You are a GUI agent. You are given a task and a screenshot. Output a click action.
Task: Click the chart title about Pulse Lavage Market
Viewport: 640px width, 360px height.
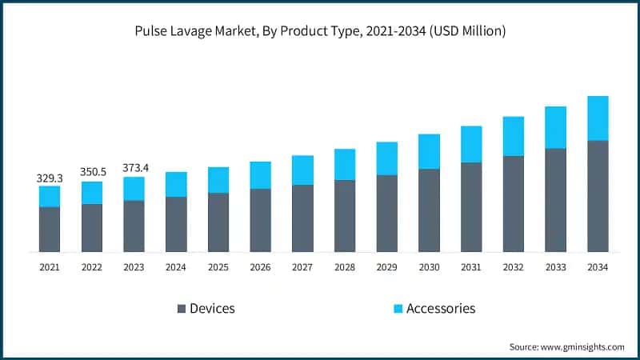[x=320, y=31]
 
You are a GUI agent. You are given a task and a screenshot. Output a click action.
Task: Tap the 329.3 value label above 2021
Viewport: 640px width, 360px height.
[x=50, y=178]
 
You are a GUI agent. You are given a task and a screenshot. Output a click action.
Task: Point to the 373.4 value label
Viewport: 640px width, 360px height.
[x=134, y=168]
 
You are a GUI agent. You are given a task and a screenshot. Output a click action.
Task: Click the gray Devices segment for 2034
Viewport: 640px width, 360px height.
[x=598, y=196]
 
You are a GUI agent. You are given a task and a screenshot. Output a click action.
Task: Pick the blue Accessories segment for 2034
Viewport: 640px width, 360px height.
[x=598, y=118]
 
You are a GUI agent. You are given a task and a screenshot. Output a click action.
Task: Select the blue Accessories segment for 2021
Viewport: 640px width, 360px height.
[x=50, y=196]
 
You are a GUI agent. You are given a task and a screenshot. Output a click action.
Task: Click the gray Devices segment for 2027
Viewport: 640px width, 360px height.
[x=302, y=218]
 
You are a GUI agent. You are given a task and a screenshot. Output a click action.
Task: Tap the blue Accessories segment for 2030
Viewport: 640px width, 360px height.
[x=429, y=151]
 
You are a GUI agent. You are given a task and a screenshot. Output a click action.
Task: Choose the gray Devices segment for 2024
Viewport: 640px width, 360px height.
[x=176, y=224]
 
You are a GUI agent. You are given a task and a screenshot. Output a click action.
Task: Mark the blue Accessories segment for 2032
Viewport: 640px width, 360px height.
[x=514, y=136]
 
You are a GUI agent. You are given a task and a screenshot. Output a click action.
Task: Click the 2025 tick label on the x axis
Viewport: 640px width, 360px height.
[x=218, y=267]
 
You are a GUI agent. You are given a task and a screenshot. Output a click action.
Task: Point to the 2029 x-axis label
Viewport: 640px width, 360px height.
[x=386, y=267]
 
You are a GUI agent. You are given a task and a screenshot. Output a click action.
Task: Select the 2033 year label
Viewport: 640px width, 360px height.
[x=555, y=267]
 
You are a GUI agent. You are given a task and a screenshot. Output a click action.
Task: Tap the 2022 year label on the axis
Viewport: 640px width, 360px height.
[x=91, y=267]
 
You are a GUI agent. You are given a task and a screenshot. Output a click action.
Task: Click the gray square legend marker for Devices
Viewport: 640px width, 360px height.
[x=180, y=309]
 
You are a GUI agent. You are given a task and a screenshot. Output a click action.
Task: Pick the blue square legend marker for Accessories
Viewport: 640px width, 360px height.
[x=397, y=309]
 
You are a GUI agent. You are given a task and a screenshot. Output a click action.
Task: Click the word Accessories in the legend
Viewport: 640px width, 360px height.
[x=441, y=309]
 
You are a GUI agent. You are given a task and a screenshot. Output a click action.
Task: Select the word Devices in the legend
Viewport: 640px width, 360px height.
[x=212, y=309]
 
